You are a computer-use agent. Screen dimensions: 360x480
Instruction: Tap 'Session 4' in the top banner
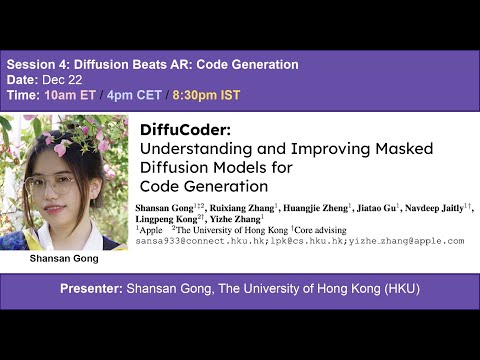pos(40,65)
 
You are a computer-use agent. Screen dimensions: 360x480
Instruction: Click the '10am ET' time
pos(69,98)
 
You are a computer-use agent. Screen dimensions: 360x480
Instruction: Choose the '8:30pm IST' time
pos(208,98)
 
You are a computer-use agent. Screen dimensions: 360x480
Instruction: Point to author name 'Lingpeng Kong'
pos(166,219)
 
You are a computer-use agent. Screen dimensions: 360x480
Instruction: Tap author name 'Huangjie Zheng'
pos(312,208)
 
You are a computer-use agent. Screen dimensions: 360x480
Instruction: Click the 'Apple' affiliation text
pos(151,230)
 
